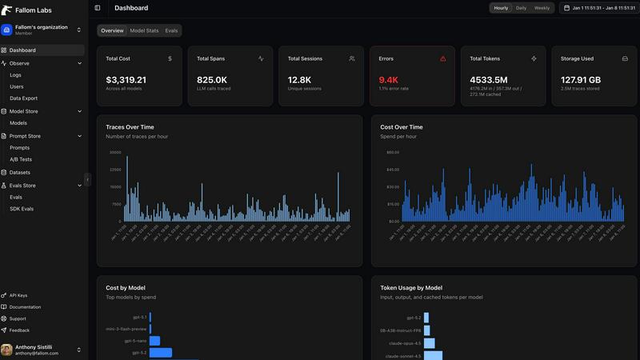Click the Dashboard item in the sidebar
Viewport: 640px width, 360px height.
pos(22,50)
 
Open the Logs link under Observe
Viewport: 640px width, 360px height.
pos(16,75)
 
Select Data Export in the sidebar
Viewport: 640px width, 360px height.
pos(23,98)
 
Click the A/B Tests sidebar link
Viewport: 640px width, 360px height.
pos(21,159)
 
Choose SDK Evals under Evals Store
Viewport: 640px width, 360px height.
pos(22,209)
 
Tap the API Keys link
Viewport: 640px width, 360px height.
pos(18,295)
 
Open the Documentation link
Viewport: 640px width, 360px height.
pos(25,307)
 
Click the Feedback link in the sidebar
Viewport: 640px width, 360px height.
pos(19,330)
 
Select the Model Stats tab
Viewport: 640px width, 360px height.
pos(144,30)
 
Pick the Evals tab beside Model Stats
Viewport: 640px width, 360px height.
pos(171,30)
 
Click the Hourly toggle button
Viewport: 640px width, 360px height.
pos(501,8)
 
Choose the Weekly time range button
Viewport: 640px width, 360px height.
pos(542,8)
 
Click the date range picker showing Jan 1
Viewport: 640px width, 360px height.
pos(598,8)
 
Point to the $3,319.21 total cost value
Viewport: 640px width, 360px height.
pos(126,80)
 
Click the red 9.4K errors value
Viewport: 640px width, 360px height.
pos(388,80)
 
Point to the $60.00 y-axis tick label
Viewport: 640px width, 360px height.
pos(392,152)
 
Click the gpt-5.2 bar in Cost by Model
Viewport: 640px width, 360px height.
pos(161,352)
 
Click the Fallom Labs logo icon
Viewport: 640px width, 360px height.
pos(7,10)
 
